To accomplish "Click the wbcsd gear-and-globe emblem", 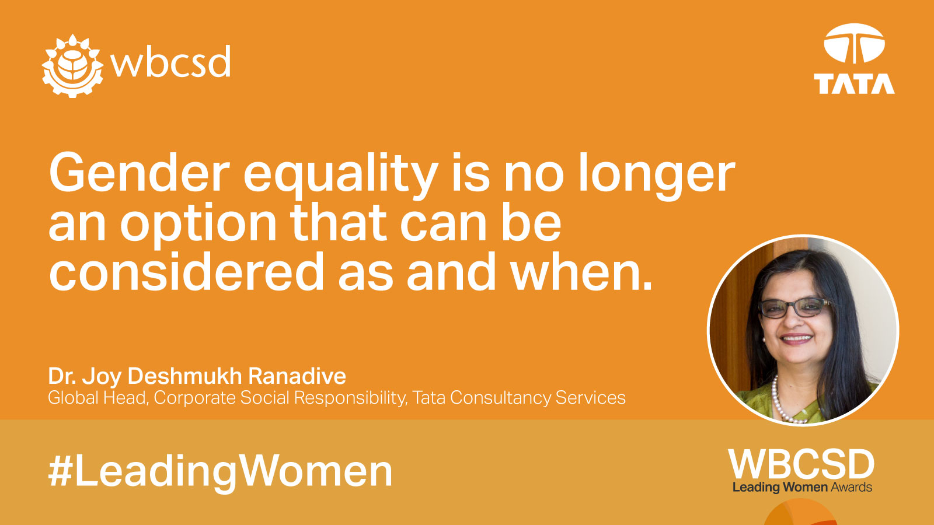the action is click(72, 66).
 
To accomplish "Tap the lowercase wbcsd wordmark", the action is click(170, 61).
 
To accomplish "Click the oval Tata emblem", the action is click(854, 43).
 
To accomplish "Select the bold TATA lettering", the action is click(854, 84).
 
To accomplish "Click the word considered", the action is click(186, 272).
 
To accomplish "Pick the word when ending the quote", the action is click(581, 272).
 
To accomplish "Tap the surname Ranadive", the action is click(297, 376).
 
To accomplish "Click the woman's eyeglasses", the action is click(794, 308).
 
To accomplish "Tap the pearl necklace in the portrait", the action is click(782, 401).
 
